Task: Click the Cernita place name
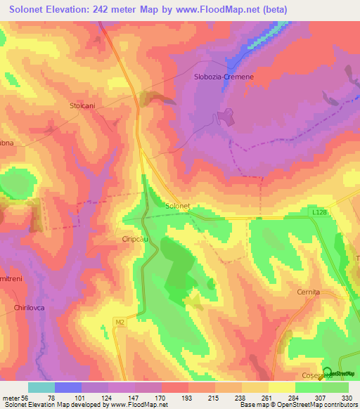coord(308,292)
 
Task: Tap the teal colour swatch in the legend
coord(41,387)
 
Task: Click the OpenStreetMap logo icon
coord(328,372)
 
